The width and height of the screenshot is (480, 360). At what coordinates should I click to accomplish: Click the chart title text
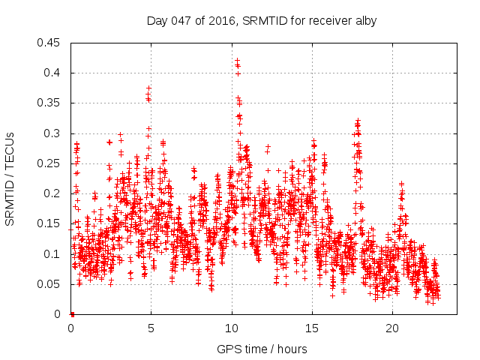[x=261, y=22]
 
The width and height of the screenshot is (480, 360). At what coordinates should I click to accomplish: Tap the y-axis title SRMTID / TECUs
[x=10, y=178]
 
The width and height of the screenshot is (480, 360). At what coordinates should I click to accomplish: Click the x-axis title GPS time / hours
[x=261, y=349]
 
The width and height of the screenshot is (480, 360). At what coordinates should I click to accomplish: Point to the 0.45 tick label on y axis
[x=50, y=43]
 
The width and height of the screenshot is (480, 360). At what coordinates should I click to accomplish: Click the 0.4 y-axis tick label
[x=53, y=73]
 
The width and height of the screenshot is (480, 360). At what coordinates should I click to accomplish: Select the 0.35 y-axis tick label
[x=50, y=103]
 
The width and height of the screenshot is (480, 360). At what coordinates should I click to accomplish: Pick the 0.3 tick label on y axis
[x=53, y=133]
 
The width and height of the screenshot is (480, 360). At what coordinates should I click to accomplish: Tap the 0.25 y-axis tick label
[x=50, y=163]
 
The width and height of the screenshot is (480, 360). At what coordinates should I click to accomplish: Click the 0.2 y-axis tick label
[x=53, y=193]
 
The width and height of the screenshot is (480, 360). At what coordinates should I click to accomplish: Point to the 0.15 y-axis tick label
[x=50, y=223]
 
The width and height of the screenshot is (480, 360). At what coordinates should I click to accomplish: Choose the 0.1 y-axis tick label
[x=53, y=254]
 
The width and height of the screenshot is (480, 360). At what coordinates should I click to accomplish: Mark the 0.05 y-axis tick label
[x=50, y=284]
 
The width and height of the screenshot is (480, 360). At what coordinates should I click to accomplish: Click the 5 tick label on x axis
[x=151, y=328]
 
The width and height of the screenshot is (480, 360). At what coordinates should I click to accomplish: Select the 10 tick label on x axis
[x=232, y=328]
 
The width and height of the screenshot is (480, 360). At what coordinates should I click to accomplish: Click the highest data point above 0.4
[x=237, y=60]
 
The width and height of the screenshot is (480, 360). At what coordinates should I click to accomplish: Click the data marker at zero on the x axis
[x=72, y=313]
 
